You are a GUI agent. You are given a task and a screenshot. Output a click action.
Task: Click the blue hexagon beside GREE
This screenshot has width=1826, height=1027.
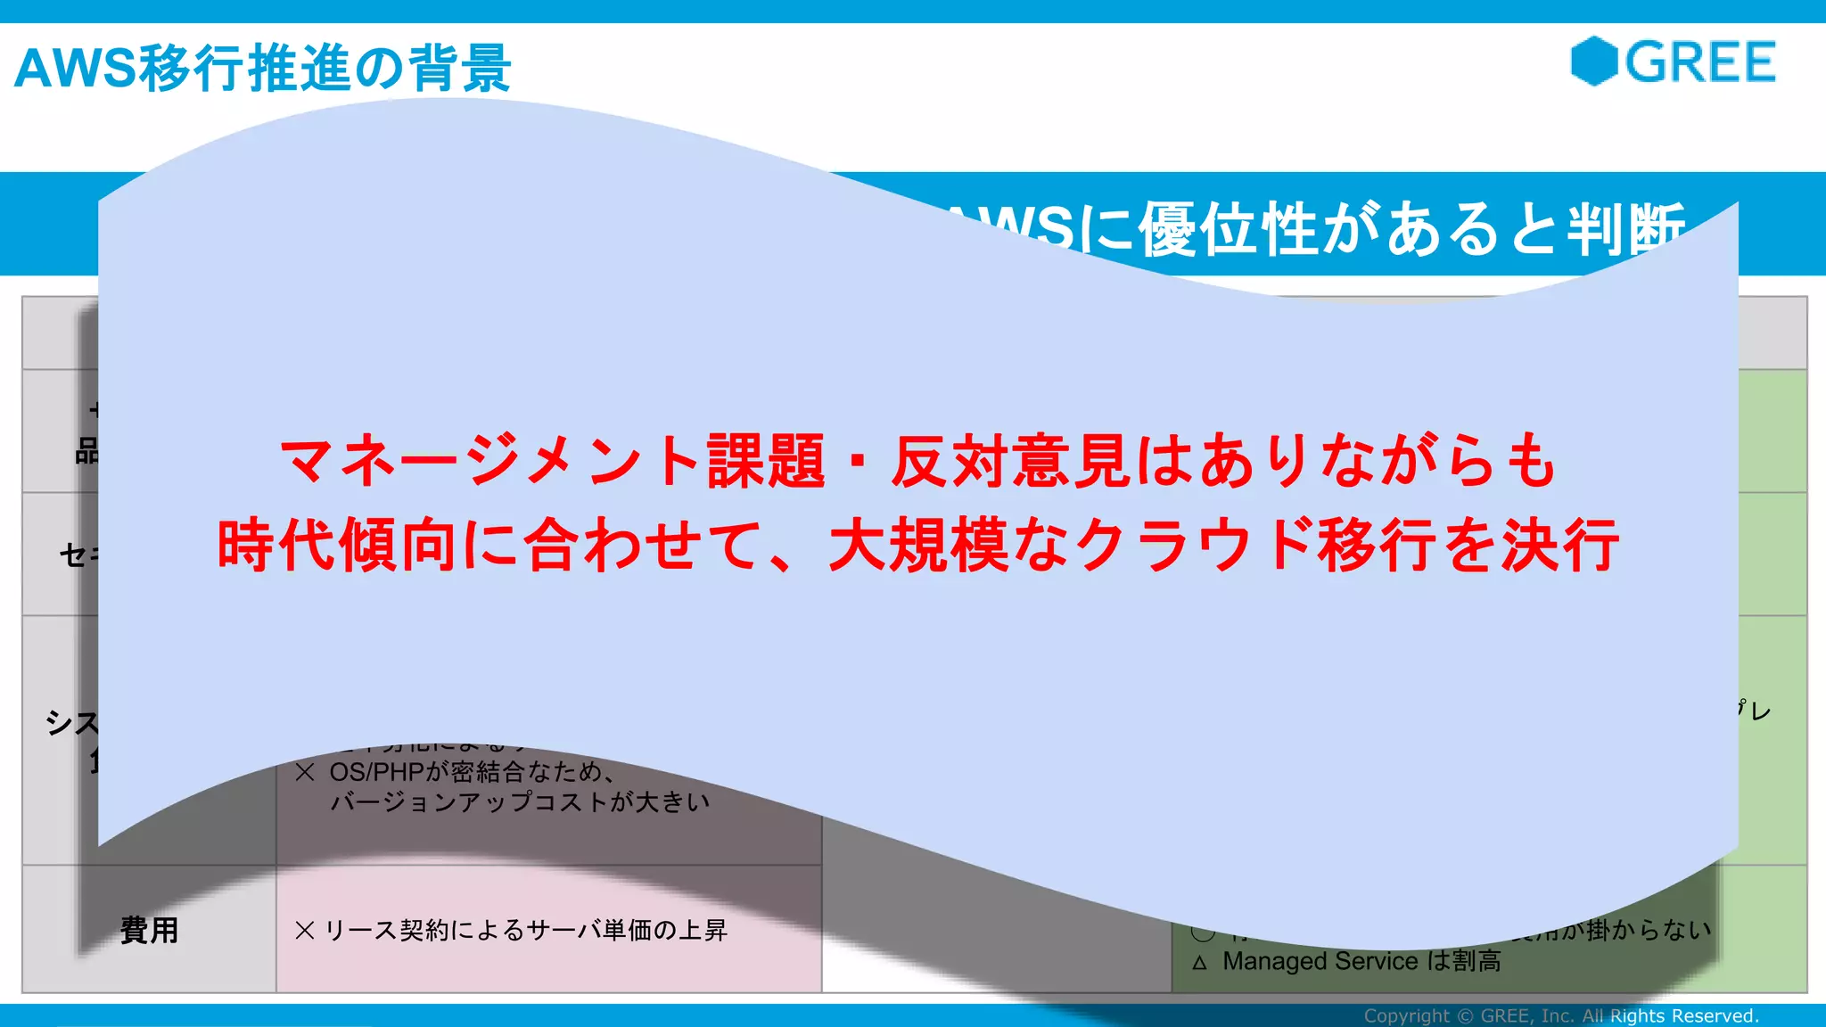(1593, 62)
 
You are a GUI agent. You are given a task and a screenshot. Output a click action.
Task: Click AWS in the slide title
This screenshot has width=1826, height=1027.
(76, 69)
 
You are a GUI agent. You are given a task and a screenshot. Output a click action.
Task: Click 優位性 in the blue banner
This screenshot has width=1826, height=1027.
(1229, 229)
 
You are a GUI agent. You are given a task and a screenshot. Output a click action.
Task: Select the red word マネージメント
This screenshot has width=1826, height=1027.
(489, 461)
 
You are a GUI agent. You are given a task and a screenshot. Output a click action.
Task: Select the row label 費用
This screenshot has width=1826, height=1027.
(150, 930)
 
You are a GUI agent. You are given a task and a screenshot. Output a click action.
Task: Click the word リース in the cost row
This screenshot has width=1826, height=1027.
(348, 930)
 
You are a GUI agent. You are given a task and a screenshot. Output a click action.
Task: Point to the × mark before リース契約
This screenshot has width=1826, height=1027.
(304, 930)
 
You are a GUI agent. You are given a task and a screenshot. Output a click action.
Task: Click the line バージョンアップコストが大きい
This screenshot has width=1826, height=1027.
(520, 801)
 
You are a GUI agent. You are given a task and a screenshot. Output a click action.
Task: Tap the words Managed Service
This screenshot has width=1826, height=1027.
(1320, 961)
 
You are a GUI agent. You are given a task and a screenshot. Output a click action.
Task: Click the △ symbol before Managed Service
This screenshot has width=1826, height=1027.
(1199, 963)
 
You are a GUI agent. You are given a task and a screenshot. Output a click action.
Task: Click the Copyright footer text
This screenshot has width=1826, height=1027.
(1560, 1015)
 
